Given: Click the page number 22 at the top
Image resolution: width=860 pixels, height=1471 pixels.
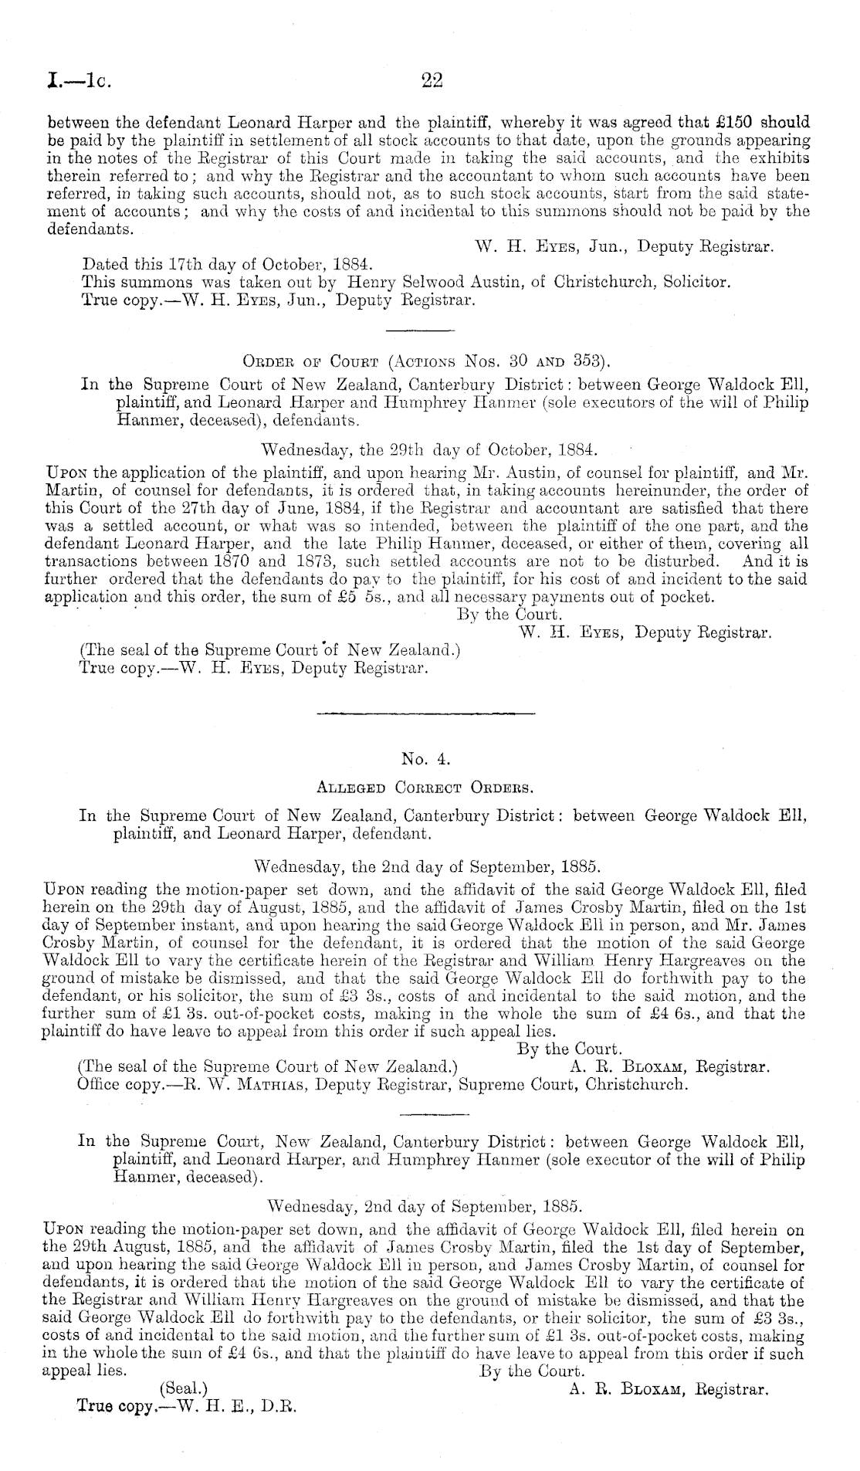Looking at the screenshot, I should (x=429, y=80).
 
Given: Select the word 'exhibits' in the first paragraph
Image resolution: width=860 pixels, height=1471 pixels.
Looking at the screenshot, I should (x=781, y=158).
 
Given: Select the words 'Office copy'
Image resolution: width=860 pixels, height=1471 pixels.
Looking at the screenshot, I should (x=112, y=1084).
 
